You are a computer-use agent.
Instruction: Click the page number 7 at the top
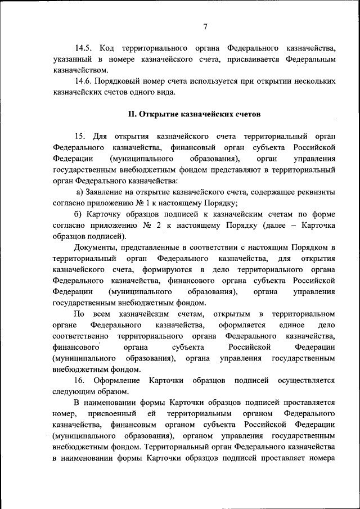click(x=206, y=27)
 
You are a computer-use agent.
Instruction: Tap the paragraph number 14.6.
click(x=84, y=82)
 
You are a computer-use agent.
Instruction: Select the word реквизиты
click(x=316, y=193)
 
